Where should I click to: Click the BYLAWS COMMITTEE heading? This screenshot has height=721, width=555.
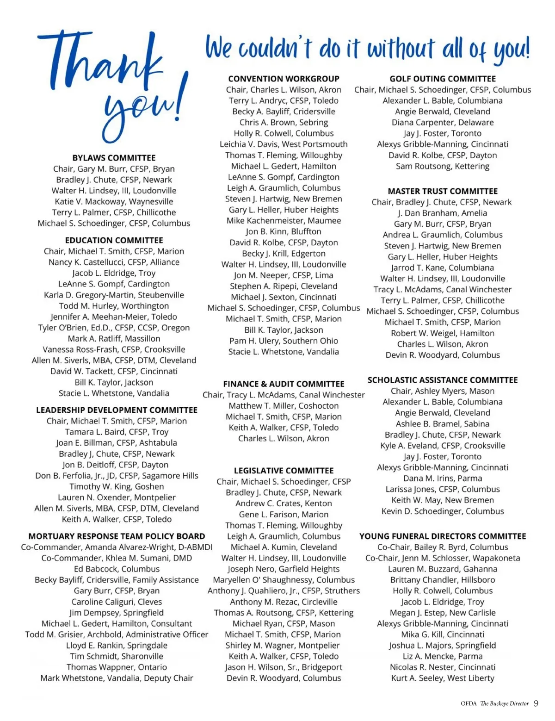(x=114, y=158)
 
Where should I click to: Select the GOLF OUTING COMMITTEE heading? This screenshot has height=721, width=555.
(x=443, y=79)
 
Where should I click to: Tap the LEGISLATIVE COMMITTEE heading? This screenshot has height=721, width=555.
(x=284, y=471)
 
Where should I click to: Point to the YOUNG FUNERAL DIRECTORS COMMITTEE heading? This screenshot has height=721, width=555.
(x=443, y=536)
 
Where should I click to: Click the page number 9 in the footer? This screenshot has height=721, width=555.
(x=536, y=703)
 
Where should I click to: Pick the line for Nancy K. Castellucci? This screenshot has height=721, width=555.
(x=114, y=262)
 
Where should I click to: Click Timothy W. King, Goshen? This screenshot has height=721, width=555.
(x=117, y=486)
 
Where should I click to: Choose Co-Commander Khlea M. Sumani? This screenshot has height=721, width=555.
(x=117, y=558)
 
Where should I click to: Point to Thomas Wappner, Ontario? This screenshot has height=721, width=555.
(x=117, y=667)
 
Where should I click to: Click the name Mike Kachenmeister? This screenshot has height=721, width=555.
(x=284, y=221)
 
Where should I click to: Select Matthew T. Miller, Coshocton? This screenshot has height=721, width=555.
(x=284, y=406)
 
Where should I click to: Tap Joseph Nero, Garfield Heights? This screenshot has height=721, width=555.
(x=284, y=569)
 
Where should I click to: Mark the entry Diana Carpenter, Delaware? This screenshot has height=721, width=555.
(x=443, y=123)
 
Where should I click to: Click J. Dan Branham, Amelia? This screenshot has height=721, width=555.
(x=443, y=213)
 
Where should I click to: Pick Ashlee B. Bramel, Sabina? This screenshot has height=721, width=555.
(x=443, y=424)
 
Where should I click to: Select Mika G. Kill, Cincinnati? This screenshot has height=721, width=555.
(x=443, y=634)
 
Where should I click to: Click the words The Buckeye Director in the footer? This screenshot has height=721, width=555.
(x=504, y=704)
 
